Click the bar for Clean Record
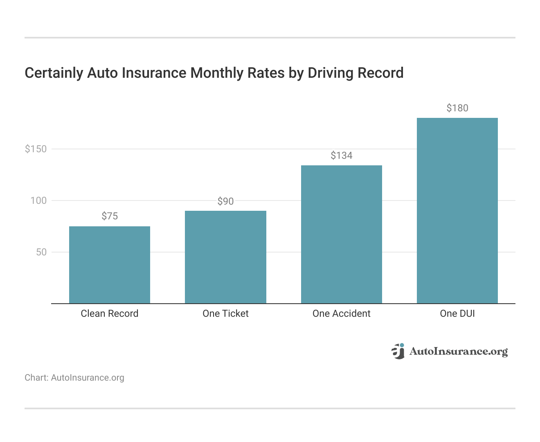click(110, 265)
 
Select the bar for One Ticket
click(225, 257)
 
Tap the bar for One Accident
click(342, 235)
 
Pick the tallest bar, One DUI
click(457, 211)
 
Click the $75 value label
click(110, 216)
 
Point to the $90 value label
click(225, 201)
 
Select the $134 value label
click(342, 156)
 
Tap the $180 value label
click(457, 108)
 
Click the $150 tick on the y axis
click(36, 149)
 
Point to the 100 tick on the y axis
click(38, 201)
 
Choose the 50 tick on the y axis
click(41, 252)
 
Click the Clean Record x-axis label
click(110, 313)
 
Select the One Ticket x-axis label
click(225, 313)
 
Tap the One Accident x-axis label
click(342, 313)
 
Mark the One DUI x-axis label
click(457, 313)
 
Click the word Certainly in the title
click(54, 73)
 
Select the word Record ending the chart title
click(380, 73)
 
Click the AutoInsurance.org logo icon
click(398, 351)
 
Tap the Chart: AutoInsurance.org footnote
click(74, 377)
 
